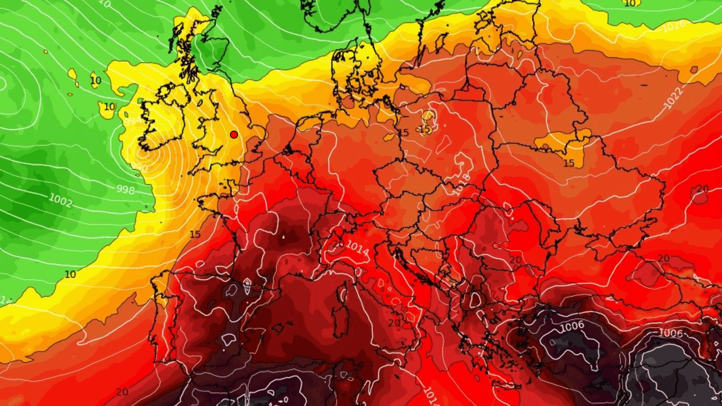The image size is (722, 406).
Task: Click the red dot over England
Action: coord(234,135)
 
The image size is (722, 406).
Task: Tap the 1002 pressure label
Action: coord(60,201)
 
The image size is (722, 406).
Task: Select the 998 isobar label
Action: coord(125,190)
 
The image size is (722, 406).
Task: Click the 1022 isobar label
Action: coord(673,98)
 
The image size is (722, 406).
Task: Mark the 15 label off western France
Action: coord(195,234)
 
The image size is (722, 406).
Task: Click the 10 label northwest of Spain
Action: coord(70,274)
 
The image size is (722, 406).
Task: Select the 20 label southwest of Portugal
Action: coord(122,392)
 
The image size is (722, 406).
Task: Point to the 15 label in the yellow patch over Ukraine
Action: coord(568,164)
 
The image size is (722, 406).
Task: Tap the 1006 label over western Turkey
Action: coord(572,327)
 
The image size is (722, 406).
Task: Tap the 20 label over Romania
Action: coord(515,260)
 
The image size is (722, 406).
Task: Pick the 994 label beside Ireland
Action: coord(132,121)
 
